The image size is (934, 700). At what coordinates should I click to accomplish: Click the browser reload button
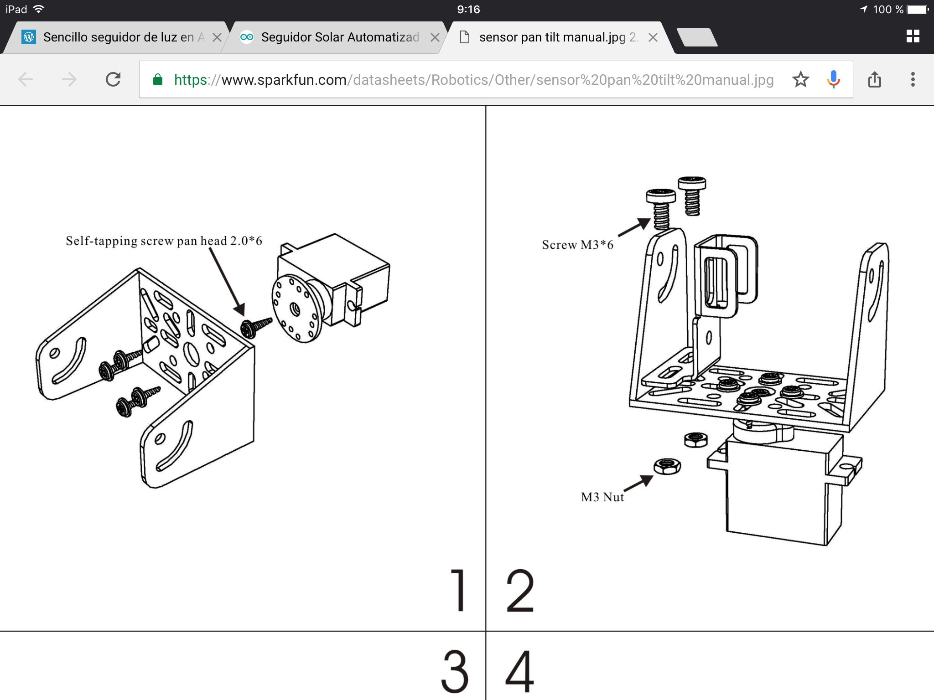[x=113, y=80]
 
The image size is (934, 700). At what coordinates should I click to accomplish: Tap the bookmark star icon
[x=800, y=80]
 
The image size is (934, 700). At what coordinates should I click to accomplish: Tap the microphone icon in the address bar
[x=833, y=79]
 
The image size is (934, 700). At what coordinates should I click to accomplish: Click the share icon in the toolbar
[x=874, y=80]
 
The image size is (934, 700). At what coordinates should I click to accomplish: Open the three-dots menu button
[x=913, y=80]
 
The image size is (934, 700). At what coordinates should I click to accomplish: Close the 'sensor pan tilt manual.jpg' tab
[x=653, y=37]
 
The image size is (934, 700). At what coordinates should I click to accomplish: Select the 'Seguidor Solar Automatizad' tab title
[x=340, y=37]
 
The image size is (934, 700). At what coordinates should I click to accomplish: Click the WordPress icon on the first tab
[x=29, y=37]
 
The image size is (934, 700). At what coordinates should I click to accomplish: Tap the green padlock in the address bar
[x=158, y=80]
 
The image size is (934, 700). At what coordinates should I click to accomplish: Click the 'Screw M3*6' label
[x=577, y=245]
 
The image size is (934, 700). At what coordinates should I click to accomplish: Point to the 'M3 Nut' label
[x=602, y=497]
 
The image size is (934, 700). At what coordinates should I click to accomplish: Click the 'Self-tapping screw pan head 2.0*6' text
[x=164, y=241]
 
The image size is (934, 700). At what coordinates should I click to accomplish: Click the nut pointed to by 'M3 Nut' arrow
[x=667, y=466]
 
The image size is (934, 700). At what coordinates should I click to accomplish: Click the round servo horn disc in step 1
[x=296, y=309]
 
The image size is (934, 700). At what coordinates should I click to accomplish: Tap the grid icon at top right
[x=913, y=36]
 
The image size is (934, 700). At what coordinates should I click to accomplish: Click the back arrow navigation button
[x=26, y=80]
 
